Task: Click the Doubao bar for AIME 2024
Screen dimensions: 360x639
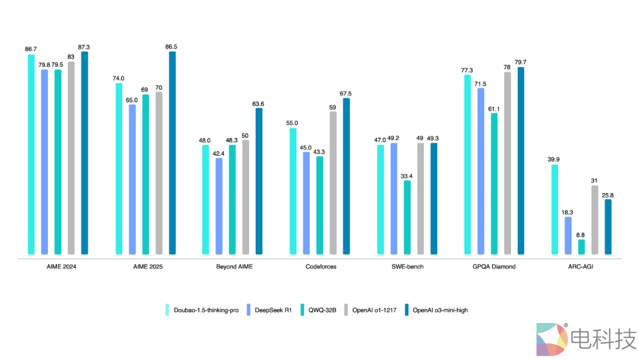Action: (31, 155)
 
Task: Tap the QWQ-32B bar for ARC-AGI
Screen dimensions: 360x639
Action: (581, 247)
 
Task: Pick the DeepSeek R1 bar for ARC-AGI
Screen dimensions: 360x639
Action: (568, 236)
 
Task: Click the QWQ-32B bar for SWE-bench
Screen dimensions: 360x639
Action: (407, 217)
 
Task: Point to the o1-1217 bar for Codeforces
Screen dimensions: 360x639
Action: (333, 183)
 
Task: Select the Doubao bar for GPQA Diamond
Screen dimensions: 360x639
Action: (467, 165)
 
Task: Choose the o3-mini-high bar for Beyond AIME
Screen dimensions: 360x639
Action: (259, 181)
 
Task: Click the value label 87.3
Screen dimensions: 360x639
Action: (84, 47)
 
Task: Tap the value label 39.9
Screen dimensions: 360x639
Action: (554, 160)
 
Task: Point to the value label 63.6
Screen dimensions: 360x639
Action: (259, 104)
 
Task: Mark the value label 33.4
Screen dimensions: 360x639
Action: (407, 176)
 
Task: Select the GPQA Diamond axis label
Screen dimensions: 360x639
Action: (494, 266)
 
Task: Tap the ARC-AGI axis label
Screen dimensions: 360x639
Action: (581, 266)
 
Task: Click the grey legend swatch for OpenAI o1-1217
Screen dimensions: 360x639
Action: (346, 310)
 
